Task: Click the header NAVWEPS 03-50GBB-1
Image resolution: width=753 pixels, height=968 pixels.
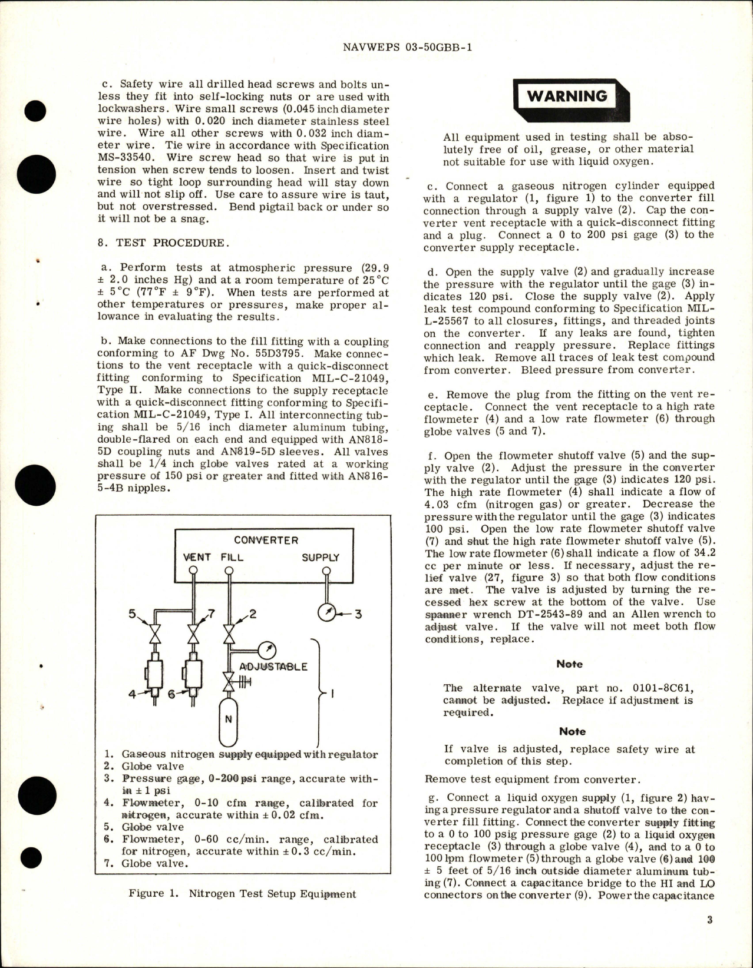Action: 407,49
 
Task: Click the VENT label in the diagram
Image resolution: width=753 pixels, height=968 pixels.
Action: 197,557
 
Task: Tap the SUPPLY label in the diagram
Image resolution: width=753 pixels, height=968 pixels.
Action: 320,557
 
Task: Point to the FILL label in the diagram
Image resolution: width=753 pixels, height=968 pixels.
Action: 232,557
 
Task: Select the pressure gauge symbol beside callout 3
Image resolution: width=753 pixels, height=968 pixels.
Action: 325,614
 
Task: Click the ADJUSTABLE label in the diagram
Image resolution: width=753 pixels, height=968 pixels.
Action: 273,667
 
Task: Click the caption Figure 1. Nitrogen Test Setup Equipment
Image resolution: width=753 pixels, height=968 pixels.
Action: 242,894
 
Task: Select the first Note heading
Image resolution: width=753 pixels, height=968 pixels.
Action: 569,664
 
